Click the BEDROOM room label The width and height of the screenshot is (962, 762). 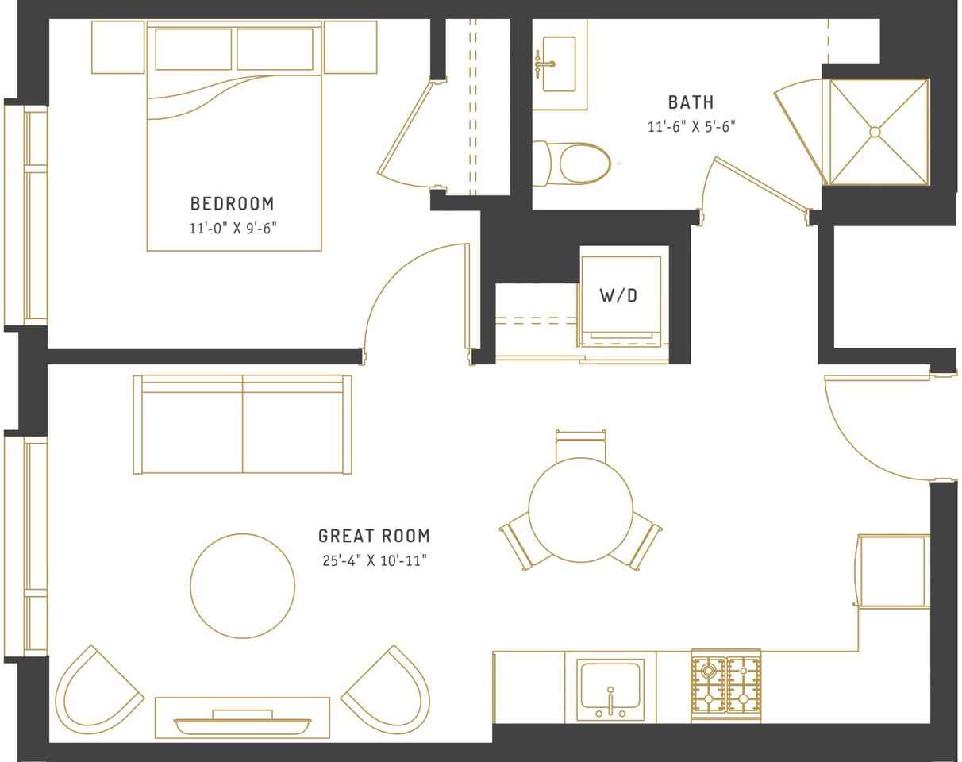point(232,204)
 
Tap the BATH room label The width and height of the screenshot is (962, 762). point(691,103)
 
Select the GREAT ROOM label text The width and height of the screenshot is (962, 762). point(374,536)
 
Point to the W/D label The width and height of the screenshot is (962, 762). point(618,295)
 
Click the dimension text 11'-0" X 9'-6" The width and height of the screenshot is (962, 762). point(233,229)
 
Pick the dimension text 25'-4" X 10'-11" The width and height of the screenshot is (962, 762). point(375,560)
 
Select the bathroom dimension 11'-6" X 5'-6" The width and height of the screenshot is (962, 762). point(691,127)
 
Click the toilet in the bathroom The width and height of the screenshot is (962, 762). point(571,164)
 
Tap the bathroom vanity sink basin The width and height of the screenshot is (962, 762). point(559,64)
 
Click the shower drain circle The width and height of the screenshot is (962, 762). point(875,132)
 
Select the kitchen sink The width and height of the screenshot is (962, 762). point(610,690)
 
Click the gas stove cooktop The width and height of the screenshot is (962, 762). point(726,686)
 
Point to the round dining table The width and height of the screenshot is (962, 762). point(580,510)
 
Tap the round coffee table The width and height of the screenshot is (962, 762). point(242,586)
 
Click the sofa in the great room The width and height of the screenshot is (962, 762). point(242,425)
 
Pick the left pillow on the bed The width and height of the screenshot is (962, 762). point(193,49)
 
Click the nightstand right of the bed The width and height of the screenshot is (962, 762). point(351,47)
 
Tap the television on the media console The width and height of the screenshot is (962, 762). point(242,725)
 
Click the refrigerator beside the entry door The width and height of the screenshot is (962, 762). point(893,571)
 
